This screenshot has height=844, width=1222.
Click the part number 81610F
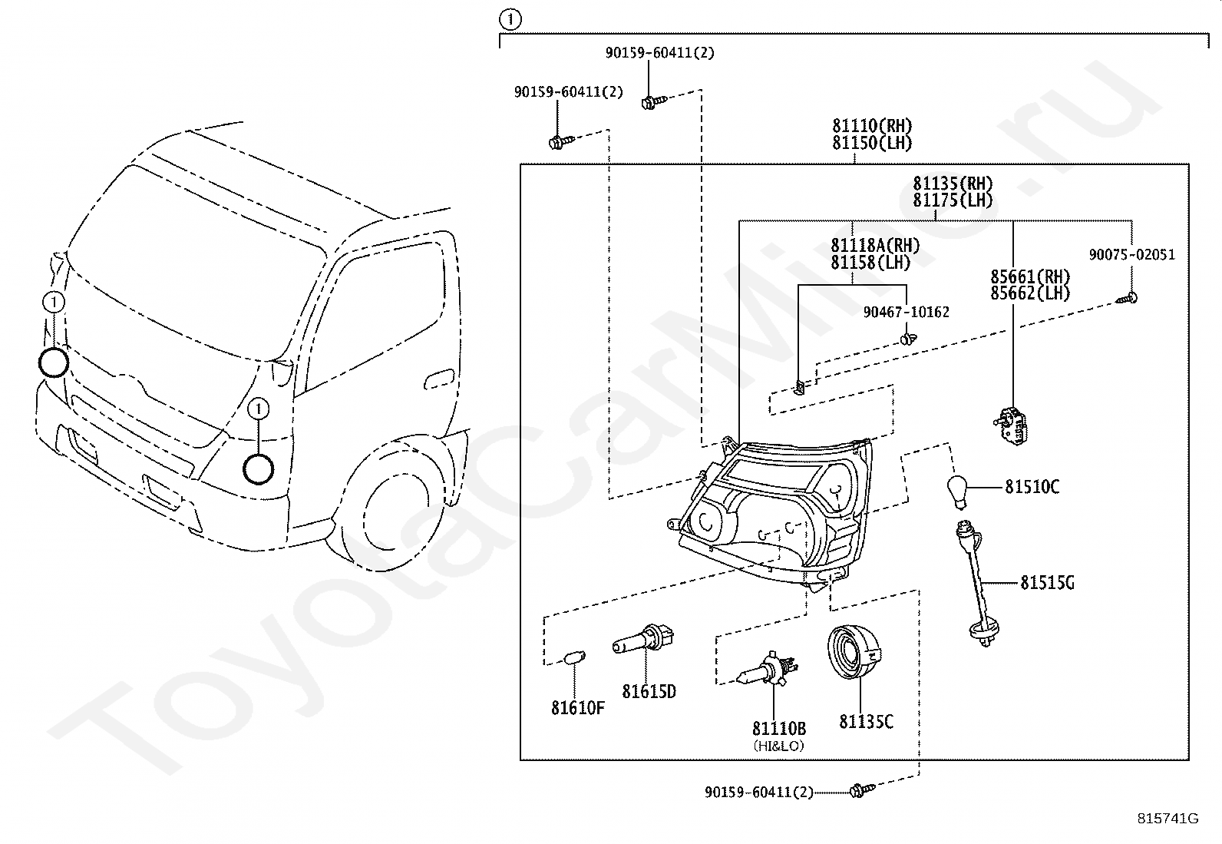click(578, 708)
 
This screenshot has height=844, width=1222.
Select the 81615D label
click(649, 692)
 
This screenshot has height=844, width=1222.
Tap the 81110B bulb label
click(778, 728)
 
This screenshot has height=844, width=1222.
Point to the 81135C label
click(867, 722)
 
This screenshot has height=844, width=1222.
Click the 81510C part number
click(1032, 486)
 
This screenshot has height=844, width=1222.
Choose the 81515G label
click(1048, 583)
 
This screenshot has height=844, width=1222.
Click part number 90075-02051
click(1132, 255)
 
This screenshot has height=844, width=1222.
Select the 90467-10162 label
click(906, 313)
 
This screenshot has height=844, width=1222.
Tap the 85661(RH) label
click(1030, 276)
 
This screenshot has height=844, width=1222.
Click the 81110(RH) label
click(872, 125)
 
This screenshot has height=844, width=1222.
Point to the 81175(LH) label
click(953, 200)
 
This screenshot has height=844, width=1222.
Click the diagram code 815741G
click(1168, 819)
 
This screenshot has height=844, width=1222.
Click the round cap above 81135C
click(854, 652)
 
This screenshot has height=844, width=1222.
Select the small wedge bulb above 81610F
click(575, 657)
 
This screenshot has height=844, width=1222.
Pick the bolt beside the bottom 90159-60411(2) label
click(863, 790)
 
